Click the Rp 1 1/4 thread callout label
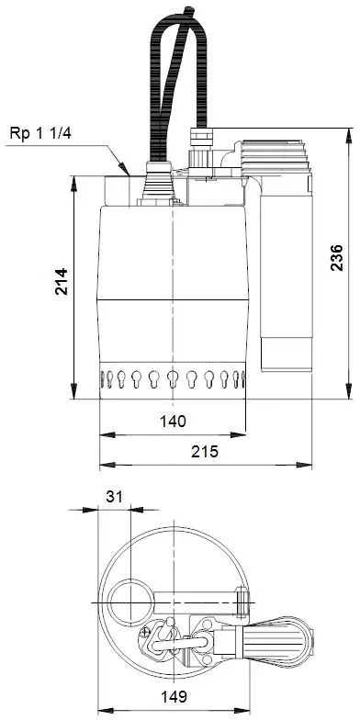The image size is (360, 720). pos(40,134)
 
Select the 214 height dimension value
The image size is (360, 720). pos(61,281)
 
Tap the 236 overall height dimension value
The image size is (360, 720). pos(337,257)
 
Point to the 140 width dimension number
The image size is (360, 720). pos(173,421)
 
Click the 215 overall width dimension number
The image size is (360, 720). pos(205,452)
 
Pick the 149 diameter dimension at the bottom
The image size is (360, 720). pos(174,697)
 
